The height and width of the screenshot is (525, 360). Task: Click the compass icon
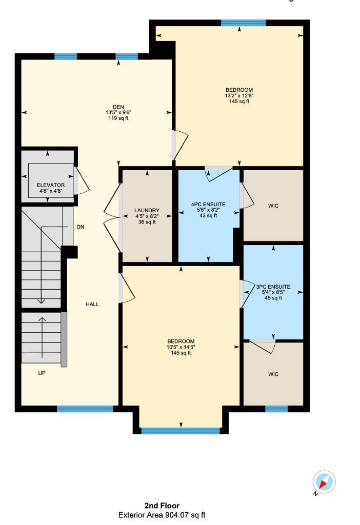[x=324, y=482]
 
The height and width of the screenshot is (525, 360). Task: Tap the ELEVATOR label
[x=50, y=185]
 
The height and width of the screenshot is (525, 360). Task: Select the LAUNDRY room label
[x=147, y=211]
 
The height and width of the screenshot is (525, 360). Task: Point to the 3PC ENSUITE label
[x=273, y=287]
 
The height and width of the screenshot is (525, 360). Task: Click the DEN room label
[x=119, y=107]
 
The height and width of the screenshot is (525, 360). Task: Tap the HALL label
[x=92, y=304]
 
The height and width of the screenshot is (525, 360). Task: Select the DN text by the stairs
[x=80, y=226]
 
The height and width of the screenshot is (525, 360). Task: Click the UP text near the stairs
[x=42, y=373]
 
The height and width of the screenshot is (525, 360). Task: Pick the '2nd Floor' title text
[x=162, y=506]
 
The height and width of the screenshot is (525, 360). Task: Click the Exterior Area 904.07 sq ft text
[x=162, y=515]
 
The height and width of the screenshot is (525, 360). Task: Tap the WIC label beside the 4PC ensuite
[x=273, y=206]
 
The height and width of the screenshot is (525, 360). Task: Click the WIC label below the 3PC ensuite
[x=273, y=374]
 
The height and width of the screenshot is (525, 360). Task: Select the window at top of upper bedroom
[x=243, y=23]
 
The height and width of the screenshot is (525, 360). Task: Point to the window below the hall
[x=85, y=409]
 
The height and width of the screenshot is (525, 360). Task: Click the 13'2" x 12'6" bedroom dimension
[x=239, y=95]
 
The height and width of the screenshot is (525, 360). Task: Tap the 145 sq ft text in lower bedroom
[x=181, y=353]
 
